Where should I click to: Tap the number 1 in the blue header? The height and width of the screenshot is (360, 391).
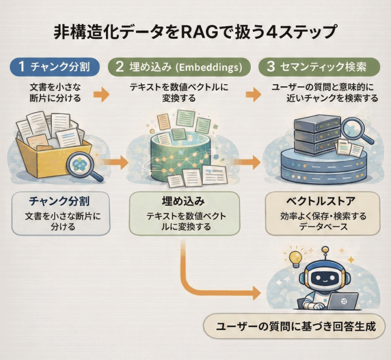pyautogui.click(x=21, y=67)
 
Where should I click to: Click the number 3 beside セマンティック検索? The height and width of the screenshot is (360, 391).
pyautogui.click(x=271, y=67)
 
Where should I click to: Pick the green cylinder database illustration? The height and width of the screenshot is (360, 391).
pyautogui.click(x=178, y=151)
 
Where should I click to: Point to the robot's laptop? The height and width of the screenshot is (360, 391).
pyautogui.click(x=341, y=301)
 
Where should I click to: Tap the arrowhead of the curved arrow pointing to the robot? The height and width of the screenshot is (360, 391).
pyautogui.click(x=256, y=292)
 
